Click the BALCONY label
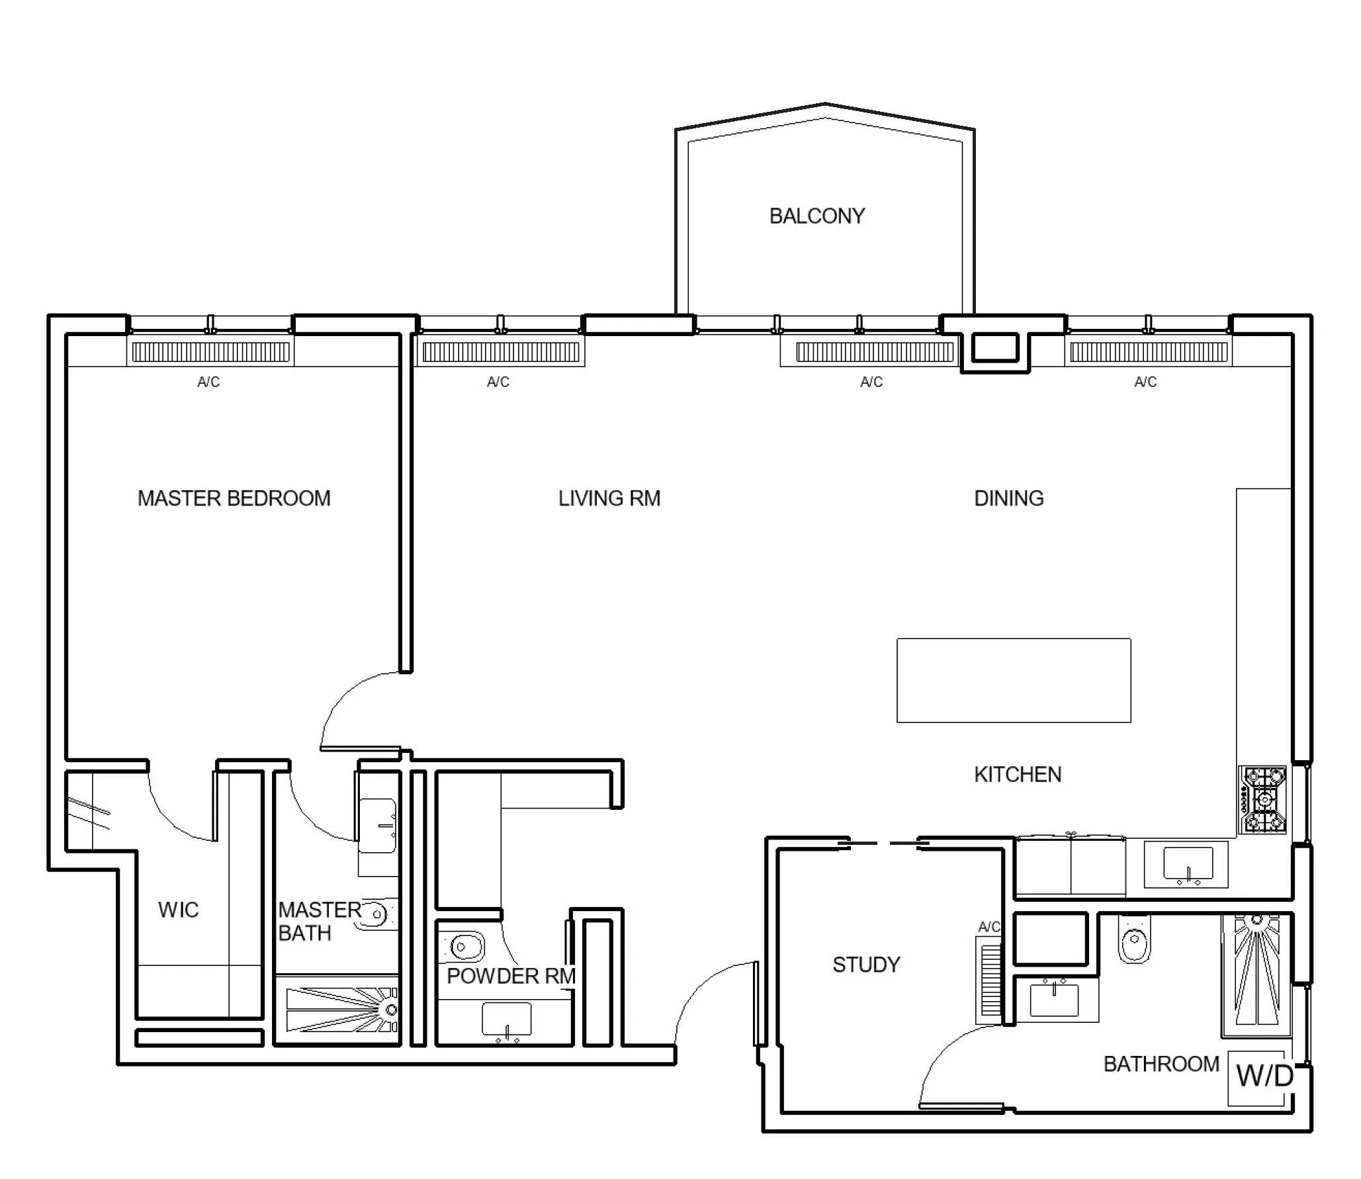coord(816,216)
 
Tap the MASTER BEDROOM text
coord(234,498)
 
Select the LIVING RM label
coord(609,498)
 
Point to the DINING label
coord(1008,498)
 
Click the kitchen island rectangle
coord(1013,680)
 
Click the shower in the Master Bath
coord(341,1010)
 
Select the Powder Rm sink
coord(506,1020)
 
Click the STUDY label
coord(866,965)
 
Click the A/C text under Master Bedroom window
coord(208,382)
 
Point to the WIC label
coord(178,910)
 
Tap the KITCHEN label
coord(1018,774)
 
